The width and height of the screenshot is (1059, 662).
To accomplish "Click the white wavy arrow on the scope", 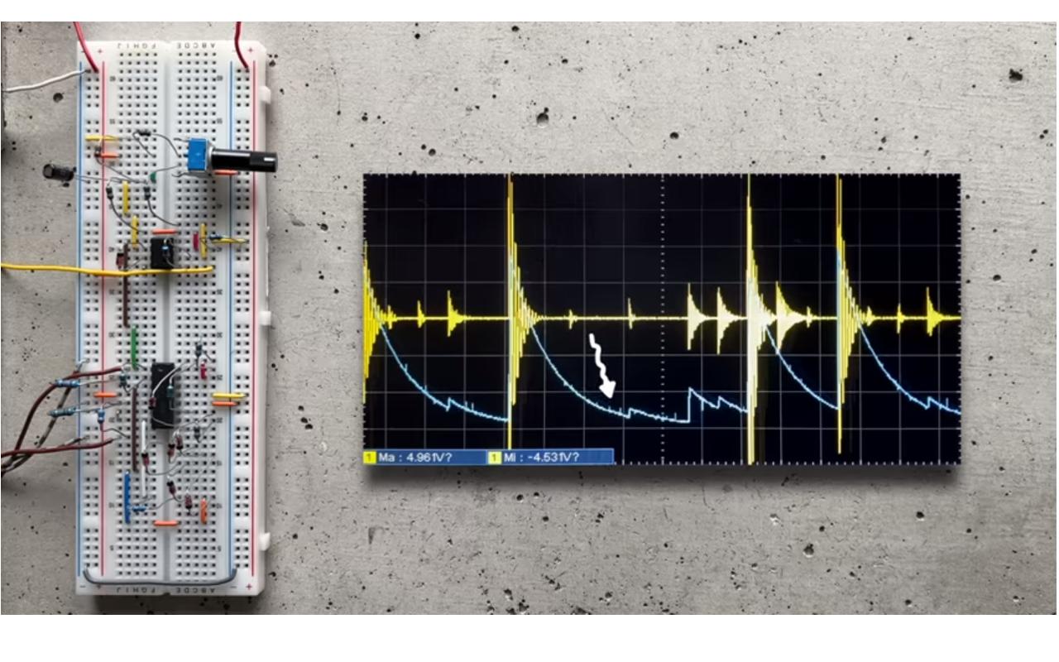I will pyautogui.click(x=602, y=364).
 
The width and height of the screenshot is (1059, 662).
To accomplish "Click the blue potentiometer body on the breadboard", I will pyautogui.click(x=198, y=155).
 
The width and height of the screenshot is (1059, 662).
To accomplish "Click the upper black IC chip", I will pyautogui.click(x=163, y=252).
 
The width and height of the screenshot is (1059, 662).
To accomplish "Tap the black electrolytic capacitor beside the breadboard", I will pyautogui.click(x=58, y=173).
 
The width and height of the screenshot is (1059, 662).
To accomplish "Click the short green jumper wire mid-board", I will pyautogui.click(x=134, y=348).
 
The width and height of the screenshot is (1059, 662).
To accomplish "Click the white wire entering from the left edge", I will pyautogui.click(x=41, y=80).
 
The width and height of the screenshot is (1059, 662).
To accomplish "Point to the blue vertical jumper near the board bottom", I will pyautogui.click(x=127, y=496).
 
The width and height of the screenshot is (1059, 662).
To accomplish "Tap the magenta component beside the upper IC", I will pyautogui.click(x=196, y=242).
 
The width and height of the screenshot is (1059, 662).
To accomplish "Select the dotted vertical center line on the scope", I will pyautogui.click(x=662, y=248).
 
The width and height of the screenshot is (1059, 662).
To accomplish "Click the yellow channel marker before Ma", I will pyautogui.click(x=369, y=457).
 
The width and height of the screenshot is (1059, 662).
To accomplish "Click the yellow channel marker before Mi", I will pyautogui.click(x=494, y=457).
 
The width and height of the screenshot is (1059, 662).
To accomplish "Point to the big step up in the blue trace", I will pyautogui.click(x=689, y=405).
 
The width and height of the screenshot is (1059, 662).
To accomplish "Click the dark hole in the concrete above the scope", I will pyautogui.click(x=542, y=117).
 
